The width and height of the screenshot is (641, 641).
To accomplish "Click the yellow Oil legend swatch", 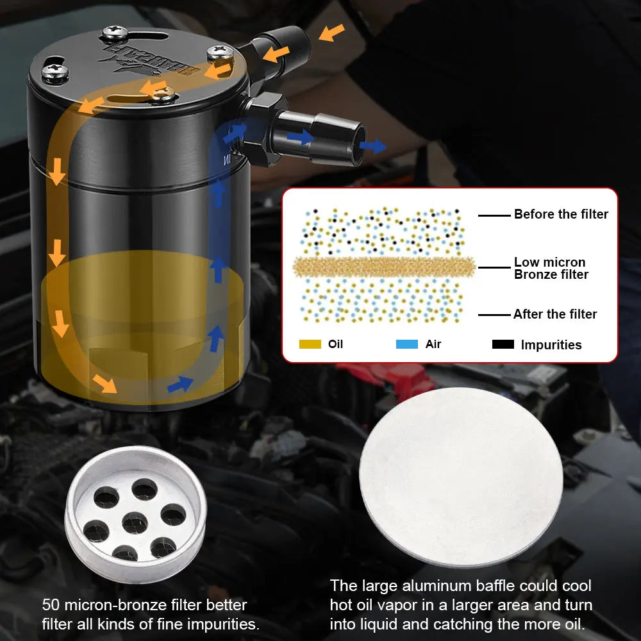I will [310, 344].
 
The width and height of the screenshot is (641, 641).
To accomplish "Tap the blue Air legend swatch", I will [406, 344].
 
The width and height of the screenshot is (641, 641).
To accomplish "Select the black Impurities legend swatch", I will [503, 344].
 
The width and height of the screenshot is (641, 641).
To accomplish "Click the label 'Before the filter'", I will [561, 215].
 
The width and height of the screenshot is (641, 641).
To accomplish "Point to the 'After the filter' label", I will [554, 314].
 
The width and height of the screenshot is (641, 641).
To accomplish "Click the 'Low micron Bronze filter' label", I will [551, 269].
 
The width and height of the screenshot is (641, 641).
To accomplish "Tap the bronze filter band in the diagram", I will [383, 266].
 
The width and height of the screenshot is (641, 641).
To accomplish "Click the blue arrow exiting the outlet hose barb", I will [372, 146].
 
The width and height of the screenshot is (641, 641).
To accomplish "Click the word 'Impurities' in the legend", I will [551, 345].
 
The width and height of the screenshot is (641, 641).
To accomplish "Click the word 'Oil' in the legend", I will [335, 344].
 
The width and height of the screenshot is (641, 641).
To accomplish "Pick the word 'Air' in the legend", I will [433, 344].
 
